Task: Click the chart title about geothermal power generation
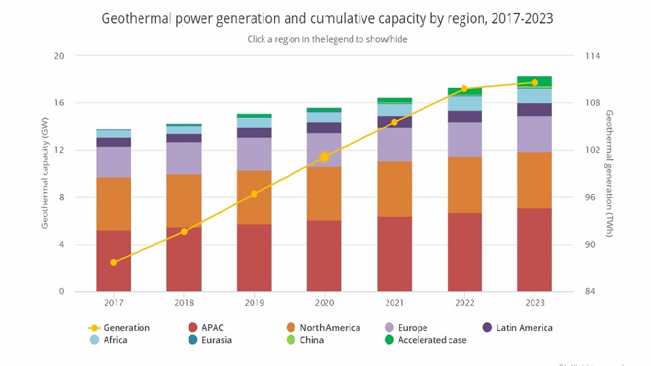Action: tap(327, 18)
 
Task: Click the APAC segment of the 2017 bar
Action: tap(113, 260)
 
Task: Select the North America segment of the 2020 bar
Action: tap(324, 193)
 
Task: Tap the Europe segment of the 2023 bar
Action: tap(534, 134)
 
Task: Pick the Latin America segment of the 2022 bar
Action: tap(465, 117)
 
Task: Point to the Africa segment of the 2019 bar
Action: tap(254, 122)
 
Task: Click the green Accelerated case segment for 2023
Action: tap(534, 81)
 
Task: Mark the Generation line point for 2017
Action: tap(114, 262)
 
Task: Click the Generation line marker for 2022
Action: tap(464, 89)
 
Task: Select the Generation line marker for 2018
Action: tap(184, 232)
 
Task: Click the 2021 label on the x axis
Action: tap(395, 303)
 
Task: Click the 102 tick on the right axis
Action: tap(592, 150)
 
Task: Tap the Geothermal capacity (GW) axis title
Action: tap(45, 174)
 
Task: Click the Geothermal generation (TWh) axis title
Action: tap(609, 173)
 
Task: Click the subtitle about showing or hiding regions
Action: tap(327, 39)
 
